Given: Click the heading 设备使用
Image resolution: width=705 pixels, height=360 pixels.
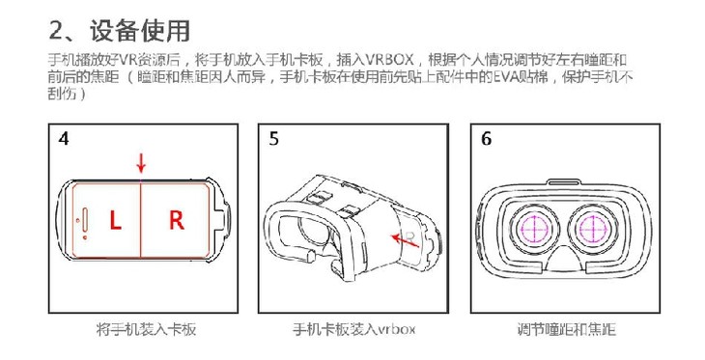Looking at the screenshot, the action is click(139, 31).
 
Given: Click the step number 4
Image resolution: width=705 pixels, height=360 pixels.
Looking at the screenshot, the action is click(64, 139).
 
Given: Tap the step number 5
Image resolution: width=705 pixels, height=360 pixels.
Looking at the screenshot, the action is click(274, 139).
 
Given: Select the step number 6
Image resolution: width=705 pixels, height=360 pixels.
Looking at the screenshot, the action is click(486, 139).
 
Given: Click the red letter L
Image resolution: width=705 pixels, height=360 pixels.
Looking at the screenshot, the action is click(115, 220).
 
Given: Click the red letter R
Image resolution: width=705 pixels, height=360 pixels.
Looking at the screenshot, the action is click(176, 220).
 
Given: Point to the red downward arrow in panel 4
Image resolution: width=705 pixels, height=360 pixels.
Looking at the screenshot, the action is click(141, 163).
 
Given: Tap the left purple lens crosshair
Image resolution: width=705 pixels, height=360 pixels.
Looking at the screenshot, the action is click(534, 230).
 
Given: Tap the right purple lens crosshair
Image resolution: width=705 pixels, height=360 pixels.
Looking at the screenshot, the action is click(594, 230).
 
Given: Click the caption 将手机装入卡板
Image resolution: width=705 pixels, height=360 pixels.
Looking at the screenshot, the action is click(146, 329).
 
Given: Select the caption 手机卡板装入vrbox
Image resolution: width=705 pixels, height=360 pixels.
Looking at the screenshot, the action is click(353, 329).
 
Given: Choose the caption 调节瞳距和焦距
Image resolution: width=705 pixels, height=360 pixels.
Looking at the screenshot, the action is click(566, 329).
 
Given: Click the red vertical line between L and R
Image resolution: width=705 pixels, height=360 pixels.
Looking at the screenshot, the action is click(141, 219).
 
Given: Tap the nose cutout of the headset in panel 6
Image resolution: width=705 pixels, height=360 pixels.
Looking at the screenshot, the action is click(565, 259).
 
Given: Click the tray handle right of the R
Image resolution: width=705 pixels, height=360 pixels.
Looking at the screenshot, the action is click(223, 220).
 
